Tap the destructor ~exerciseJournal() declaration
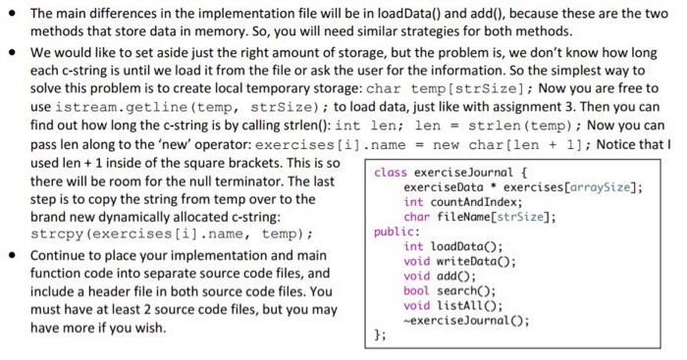click(461, 319)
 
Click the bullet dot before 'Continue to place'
click(15, 254)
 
